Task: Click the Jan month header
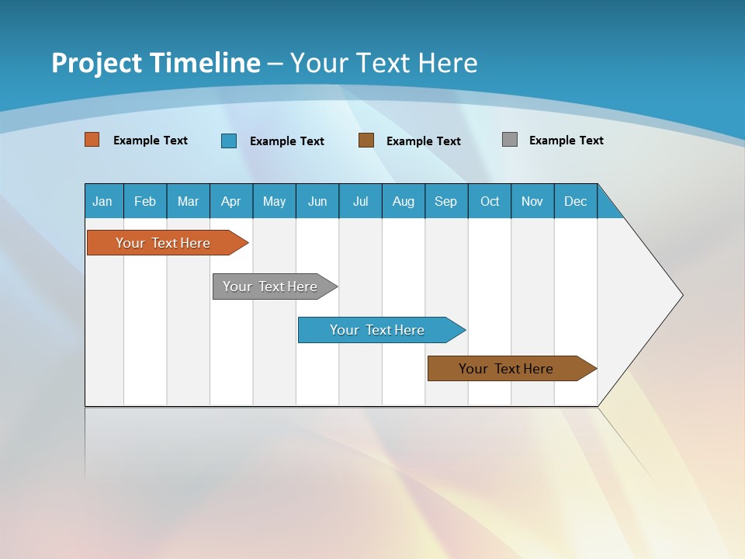(x=103, y=201)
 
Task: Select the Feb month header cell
(x=145, y=201)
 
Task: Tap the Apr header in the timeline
(x=230, y=201)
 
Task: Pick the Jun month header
(x=317, y=201)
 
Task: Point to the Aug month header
(x=403, y=201)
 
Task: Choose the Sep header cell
(x=445, y=201)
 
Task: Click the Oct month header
(x=489, y=201)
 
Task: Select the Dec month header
(x=575, y=201)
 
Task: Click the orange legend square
(x=92, y=140)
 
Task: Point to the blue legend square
(x=229, y=141)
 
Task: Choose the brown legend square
(x=366, y=140)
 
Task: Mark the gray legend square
(x=510, y=140)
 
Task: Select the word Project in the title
(x=96, y=63)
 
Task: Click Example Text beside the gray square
(x=566, y=141)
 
